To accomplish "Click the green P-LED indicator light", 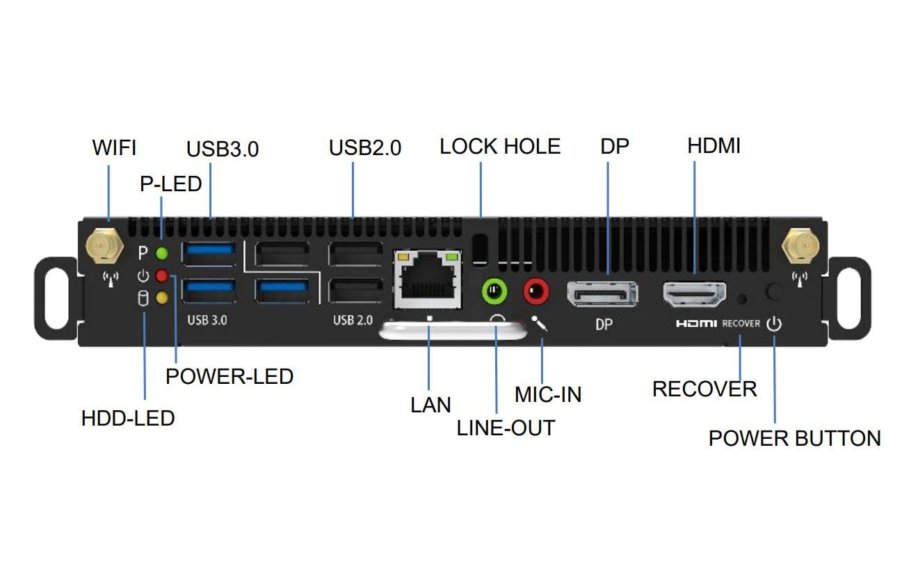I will [162, 253].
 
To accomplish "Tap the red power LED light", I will [162, 276].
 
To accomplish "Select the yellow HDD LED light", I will [162, 298].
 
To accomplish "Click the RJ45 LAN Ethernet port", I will [428, 280].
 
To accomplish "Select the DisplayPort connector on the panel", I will [603, 295].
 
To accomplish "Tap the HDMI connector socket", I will [694, 295].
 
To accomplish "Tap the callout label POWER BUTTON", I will [794, 439].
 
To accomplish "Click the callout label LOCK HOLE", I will [500, 147].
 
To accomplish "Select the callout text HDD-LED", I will [128, 419].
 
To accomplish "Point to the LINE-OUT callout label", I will [506, 428].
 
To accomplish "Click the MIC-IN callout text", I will [548, 395].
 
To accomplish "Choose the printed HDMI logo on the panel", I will [696, 324].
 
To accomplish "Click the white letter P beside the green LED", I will [143, 253].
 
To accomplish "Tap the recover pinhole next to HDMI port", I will [741, 298].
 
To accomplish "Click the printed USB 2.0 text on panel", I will [353, 321].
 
